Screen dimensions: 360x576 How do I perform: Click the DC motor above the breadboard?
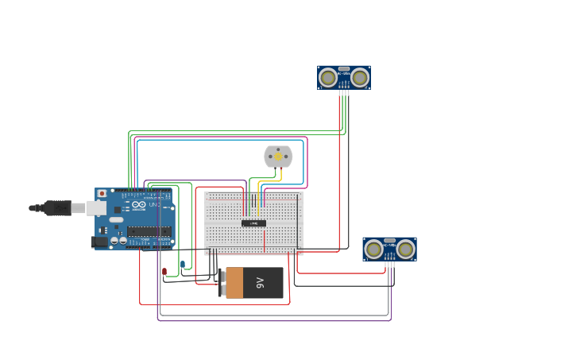[278, 157]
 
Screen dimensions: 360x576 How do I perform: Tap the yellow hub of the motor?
[278, 157]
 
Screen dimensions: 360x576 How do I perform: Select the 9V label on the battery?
[260, 282]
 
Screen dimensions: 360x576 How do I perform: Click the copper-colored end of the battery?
[234, 283]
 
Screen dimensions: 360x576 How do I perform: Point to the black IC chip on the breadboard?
[253, 223]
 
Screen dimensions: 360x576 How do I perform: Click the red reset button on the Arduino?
[102, 193]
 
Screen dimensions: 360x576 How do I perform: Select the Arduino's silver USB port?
[96, 207]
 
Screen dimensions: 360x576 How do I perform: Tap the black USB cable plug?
[57, 208]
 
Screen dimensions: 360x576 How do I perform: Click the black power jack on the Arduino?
[100, 241]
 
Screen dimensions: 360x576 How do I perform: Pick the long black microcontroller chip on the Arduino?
[149, 231]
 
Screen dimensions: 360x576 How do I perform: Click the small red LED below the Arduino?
[164, 272]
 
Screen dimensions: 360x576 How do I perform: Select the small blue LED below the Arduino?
[183, 264]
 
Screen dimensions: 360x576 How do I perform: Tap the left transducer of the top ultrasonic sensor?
[328, 77]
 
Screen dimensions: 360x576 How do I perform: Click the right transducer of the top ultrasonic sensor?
[360, 77]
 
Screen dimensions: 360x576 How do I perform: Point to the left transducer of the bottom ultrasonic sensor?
[373, 250]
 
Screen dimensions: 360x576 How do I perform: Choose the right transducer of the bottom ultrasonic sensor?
[406, 250]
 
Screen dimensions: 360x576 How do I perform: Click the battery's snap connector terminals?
[221, 282]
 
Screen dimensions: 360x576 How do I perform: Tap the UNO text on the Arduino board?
[154, 205]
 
